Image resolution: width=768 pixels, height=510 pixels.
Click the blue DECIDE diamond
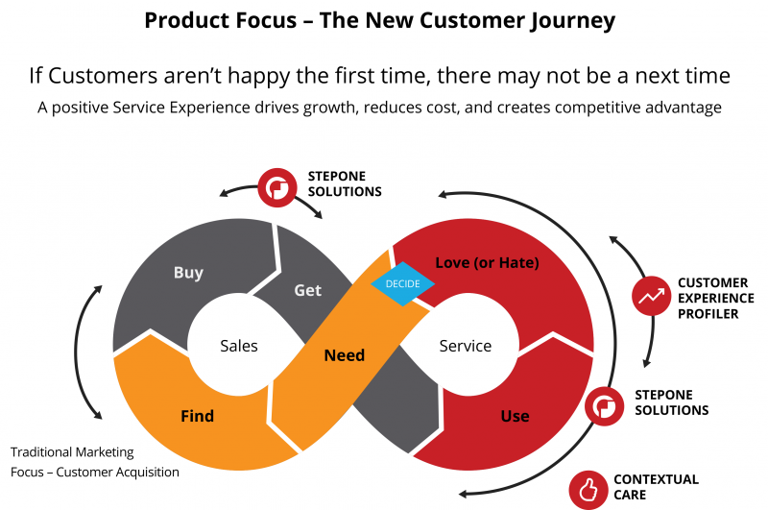click(403, 283)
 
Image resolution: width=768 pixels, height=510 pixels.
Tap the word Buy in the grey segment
click(188, 273)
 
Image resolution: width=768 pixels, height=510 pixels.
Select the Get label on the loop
click(307, 289)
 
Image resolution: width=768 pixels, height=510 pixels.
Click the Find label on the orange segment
click(197, 416)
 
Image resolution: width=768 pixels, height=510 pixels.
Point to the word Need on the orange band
click(344, 355)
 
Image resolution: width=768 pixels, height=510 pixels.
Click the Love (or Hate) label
click(487, 262)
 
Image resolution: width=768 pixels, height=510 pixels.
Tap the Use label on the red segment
click(515, 416)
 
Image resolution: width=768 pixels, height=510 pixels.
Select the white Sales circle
click(238, 346)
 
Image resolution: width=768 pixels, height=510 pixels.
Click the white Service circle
click(465, 346)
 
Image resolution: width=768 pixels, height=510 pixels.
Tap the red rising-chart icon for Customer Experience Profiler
click(652, 298)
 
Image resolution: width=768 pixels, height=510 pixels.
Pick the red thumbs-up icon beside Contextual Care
click(586, 488)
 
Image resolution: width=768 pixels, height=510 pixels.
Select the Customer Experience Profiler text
click(715, 299)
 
